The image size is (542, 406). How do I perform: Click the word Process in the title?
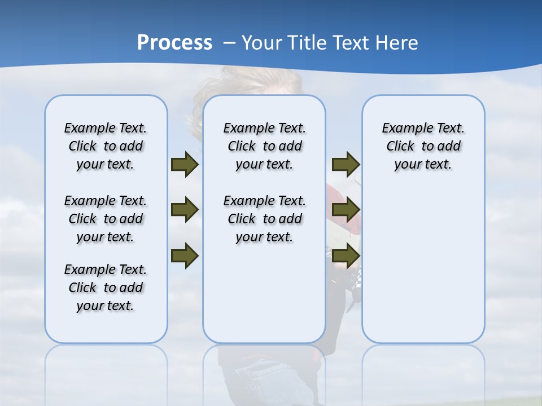174,43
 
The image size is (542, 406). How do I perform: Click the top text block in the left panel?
106,146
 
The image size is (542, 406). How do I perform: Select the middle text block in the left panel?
106,219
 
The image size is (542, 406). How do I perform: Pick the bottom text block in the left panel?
106,288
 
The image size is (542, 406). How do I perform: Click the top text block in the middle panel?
264,146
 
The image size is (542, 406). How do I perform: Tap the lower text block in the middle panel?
264,219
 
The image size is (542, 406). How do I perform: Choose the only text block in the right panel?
423,146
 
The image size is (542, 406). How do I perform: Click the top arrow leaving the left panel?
185,165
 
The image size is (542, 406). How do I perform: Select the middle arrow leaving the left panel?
185,210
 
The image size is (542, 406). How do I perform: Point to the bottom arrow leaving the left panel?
185,256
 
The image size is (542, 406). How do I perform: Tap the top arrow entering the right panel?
346,165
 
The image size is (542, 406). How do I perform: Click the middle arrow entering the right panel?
346,210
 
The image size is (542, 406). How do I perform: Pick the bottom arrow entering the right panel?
346,256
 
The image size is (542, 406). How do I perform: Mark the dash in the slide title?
229,43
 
